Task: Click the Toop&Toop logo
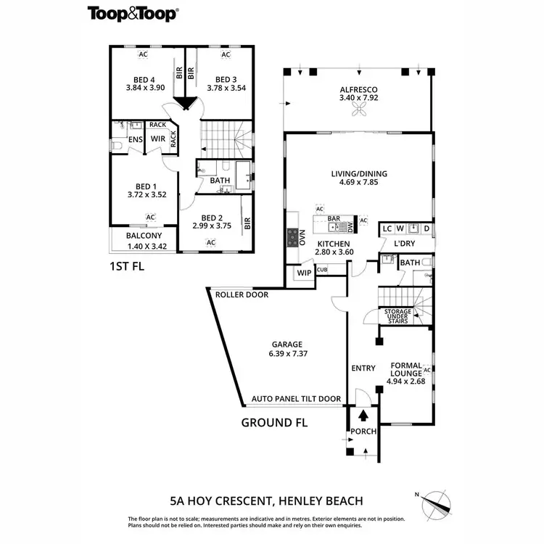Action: coord(133,12)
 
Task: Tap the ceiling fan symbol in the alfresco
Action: coord(358,110)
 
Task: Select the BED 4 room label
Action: coord(144,80)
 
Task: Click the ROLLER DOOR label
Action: coord(242,295)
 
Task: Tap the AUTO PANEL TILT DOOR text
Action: coord(296,399)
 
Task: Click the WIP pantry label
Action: coord(303,273)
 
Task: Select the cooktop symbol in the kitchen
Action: coord(294,236)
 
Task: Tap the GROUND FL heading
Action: coord(274,423)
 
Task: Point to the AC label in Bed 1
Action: coord(150,217)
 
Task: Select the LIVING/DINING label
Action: coord(358,173)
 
